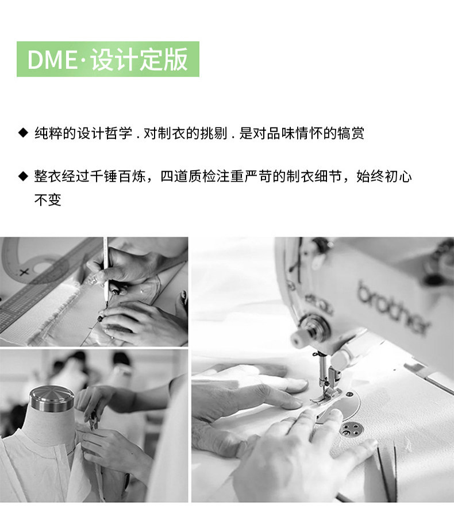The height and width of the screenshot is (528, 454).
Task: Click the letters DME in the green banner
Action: (52, 60)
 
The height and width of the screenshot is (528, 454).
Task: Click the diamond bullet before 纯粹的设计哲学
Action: (23, 133)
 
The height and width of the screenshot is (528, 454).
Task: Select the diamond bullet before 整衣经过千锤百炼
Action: (23, 176)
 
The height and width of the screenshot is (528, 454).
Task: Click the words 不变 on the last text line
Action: (48, 200)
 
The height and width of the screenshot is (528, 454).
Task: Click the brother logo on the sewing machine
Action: (393, 307)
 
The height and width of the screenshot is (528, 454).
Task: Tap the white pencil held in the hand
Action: (106, 269)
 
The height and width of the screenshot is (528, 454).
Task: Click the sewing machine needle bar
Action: (322, 367)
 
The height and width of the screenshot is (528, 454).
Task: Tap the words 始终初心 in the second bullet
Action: (384, 176)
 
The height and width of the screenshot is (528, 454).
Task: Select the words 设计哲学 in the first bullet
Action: (105, 133)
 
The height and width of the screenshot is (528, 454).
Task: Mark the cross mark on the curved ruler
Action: (24, 272)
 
